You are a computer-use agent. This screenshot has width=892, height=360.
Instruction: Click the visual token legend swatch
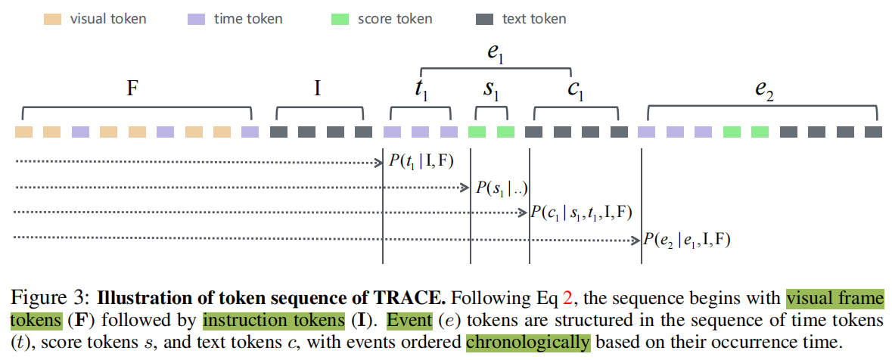[x=51, y=19]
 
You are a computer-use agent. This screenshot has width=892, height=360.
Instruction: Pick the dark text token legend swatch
[x=485, y=19]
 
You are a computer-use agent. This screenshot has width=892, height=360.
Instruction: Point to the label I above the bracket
[x=318, y=89]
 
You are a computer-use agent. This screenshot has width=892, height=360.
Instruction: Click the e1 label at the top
[x=496, y=54]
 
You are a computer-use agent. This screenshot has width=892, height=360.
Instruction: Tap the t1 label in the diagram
[x=421, y=91]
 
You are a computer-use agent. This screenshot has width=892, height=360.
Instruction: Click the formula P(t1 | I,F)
[x=421, y=160]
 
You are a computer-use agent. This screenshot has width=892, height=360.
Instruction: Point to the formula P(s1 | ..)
[x=501, y=188]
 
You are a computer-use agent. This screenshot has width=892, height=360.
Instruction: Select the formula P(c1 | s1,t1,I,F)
[x=582, y=213]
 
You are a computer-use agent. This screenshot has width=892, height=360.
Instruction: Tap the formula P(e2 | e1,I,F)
[x=686, y=240]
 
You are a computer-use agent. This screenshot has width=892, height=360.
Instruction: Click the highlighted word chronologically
[x=527, y=342]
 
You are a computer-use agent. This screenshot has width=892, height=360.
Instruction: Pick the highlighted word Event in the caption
[x=407, y=320]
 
